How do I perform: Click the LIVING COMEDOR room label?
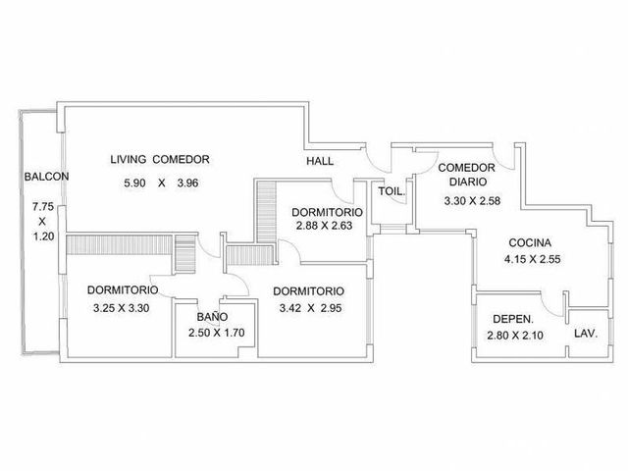pos(160,159)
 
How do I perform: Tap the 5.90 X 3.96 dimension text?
pos(161,183)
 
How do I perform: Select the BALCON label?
pos(46,177)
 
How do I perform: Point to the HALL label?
pos(320,161)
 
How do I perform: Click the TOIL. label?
pos(392,191)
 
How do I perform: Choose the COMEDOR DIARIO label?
pos(467,175)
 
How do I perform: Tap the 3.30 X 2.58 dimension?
pos(472,200)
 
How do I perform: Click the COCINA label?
pos(530,242)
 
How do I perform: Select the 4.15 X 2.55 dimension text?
pos(532,259)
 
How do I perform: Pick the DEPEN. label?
pos(513,320)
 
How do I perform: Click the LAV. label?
pos(586,334)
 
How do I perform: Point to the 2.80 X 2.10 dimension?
pos(515,336)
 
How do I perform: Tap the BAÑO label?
pos(212,316)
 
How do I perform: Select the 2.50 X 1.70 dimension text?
pos(216,333)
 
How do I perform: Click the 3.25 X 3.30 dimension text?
pos(121,308)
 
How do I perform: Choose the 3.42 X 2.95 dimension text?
pos(310,308)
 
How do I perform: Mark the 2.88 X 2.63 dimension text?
pos(325,226)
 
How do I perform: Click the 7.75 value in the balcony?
pos(43,207)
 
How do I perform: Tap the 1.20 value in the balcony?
pos(43,236)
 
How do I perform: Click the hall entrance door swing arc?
pos(375,165)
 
